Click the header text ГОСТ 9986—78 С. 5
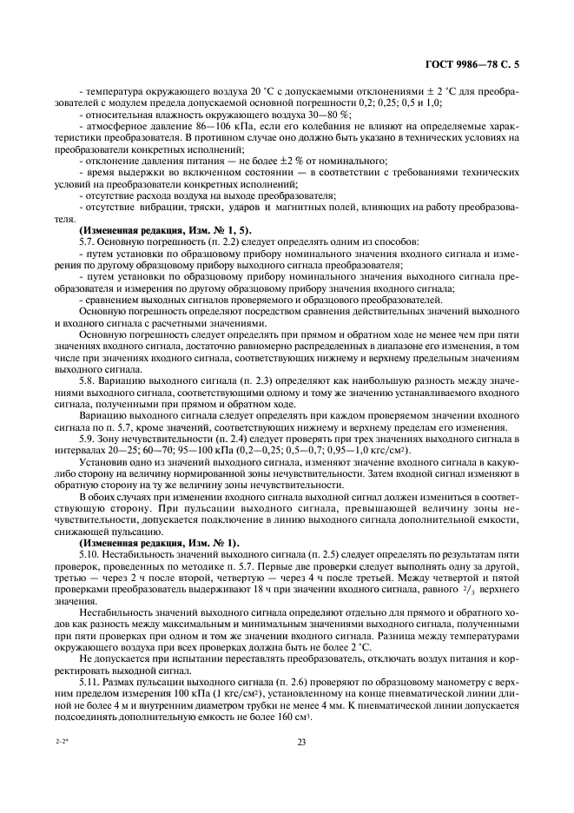(479, 63)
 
